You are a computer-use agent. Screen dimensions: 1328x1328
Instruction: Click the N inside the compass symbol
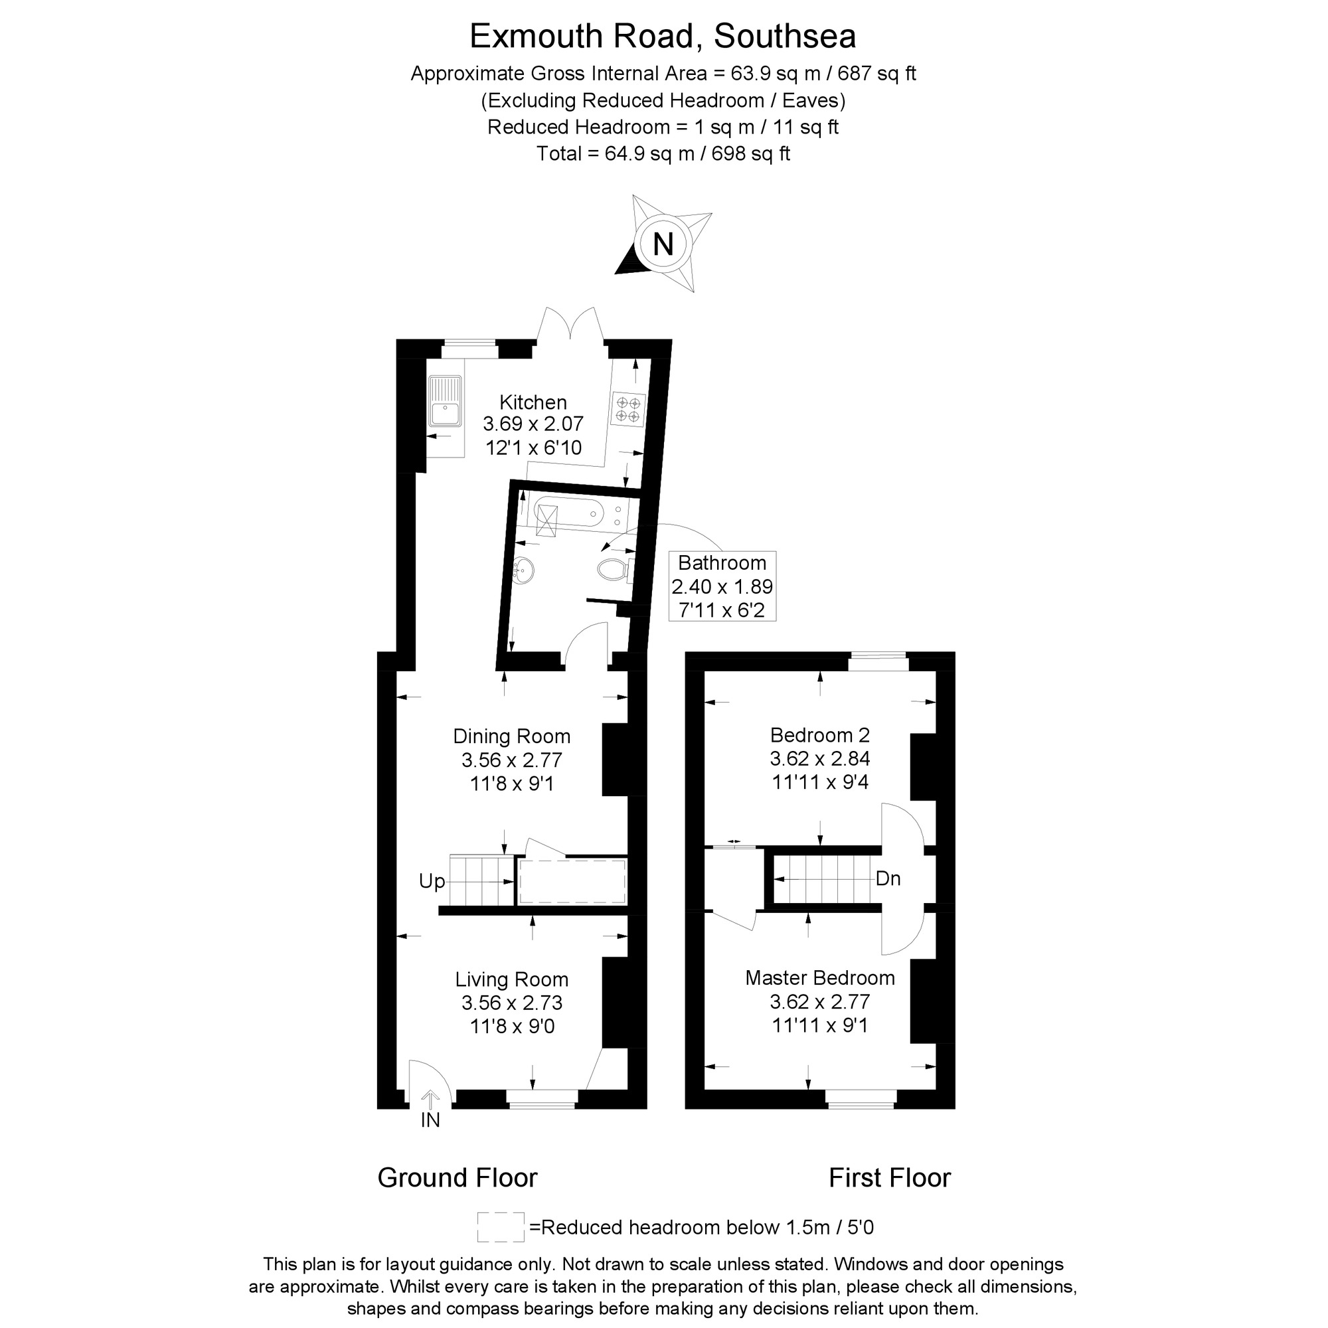[663, 244]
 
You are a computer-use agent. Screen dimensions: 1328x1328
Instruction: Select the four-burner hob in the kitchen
[627, 408]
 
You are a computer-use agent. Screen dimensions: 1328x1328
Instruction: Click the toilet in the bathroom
[611, 570]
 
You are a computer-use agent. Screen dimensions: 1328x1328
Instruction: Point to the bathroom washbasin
[524, 570]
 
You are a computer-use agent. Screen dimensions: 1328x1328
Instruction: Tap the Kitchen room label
[533, 402]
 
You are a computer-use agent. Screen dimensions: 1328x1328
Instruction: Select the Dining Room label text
[511, 736]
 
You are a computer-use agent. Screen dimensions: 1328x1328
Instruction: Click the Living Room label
[511, 979]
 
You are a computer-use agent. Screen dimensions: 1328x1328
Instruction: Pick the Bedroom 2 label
[819, 735]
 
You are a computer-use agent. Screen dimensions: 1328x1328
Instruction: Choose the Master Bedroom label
[819, 977]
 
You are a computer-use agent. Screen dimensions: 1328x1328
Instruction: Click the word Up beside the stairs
[432, 881]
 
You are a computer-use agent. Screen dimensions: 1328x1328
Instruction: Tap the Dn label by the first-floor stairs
[887, 878]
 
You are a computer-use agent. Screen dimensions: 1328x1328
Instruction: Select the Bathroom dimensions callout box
[722, 586]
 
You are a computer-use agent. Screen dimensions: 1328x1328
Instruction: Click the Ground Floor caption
[457, 1177]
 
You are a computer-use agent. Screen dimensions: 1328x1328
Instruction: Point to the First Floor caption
[889, 1177]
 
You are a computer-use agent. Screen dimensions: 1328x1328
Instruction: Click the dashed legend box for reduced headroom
[501, 1227]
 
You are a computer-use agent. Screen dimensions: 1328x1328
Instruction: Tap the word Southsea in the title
[785, 37]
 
